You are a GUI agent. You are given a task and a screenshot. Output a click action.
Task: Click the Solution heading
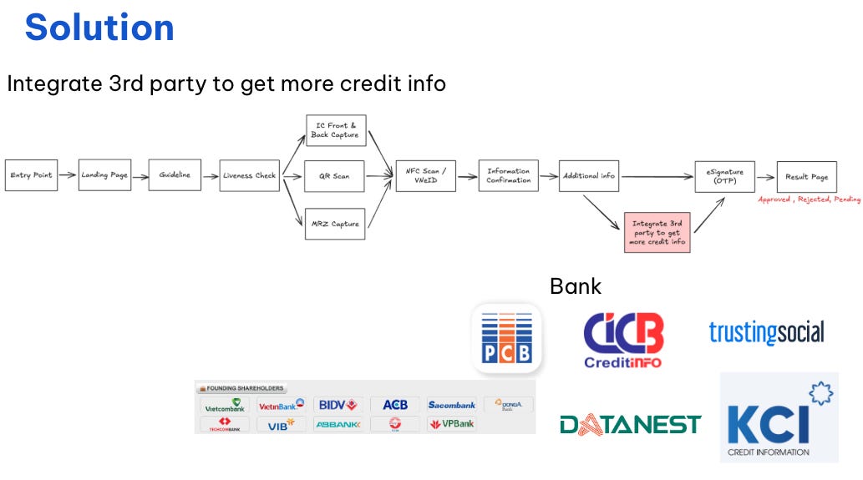[99, 28]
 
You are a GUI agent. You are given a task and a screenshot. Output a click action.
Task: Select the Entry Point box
[31, 175]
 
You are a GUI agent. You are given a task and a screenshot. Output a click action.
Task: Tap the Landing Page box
[104, 175]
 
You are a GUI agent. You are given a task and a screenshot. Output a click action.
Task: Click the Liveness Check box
[249, 175]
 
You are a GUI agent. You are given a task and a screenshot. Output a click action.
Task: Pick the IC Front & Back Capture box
[335, 130]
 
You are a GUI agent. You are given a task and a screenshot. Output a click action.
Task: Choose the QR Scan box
[334, 176]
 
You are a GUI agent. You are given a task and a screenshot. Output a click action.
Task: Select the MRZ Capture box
[334, 224]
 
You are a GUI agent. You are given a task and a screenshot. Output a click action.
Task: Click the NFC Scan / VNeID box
[426, 176]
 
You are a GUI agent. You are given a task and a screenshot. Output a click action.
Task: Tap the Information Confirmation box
[508, 176]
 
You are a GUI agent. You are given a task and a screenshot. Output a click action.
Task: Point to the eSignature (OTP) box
[724, 176]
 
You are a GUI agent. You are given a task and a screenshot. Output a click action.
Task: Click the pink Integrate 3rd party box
[657, 232]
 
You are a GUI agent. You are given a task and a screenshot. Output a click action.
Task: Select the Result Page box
[806, 176]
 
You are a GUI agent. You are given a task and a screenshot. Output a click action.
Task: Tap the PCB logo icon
[507, 337]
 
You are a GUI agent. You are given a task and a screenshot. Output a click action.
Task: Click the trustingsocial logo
[766, 332]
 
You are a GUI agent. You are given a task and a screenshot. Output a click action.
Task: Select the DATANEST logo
[630, 425]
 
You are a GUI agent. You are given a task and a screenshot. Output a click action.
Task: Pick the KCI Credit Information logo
[779, 417]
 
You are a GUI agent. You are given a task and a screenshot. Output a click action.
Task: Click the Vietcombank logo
[225, 406]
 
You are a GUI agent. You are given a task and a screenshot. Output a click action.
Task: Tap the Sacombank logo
[451, 405]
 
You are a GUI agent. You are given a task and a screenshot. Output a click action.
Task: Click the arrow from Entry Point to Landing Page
[68, 175]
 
